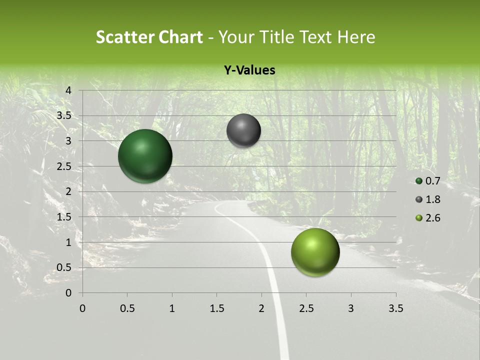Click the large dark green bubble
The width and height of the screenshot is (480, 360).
pyautogui.click(x=145, y=156)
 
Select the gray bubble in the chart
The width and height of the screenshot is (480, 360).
pyautogui.click(x=243, y=130)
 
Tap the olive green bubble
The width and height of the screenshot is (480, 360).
pyautogui.click(x=315, y=252)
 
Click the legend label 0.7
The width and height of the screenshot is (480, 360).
pyautogui.click(x=432, y=181)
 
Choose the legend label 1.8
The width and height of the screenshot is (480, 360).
pyautogui.click(x=432, y=199)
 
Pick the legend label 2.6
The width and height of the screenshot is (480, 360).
pyautogui.click(x=432, y=218)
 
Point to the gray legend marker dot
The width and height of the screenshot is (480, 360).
pyautogui.click(x=419, y=199)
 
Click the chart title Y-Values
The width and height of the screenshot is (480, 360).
pyautogui.click(x=249, y=70)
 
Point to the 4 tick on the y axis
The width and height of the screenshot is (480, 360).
pyautogui.click(x=69, y=90)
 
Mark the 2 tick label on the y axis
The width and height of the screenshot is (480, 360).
pyautogui.click(x=69, y=191)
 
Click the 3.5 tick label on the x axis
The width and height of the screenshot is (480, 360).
pyautogui.click(x=395, y=308)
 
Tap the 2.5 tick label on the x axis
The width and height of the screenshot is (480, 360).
pyautogui.click(x=306, y=308)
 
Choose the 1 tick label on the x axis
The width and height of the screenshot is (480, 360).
pyautogui.click(x=172, y=308)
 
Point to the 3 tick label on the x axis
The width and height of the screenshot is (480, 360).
pyautogui.click(x=351, y=308)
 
